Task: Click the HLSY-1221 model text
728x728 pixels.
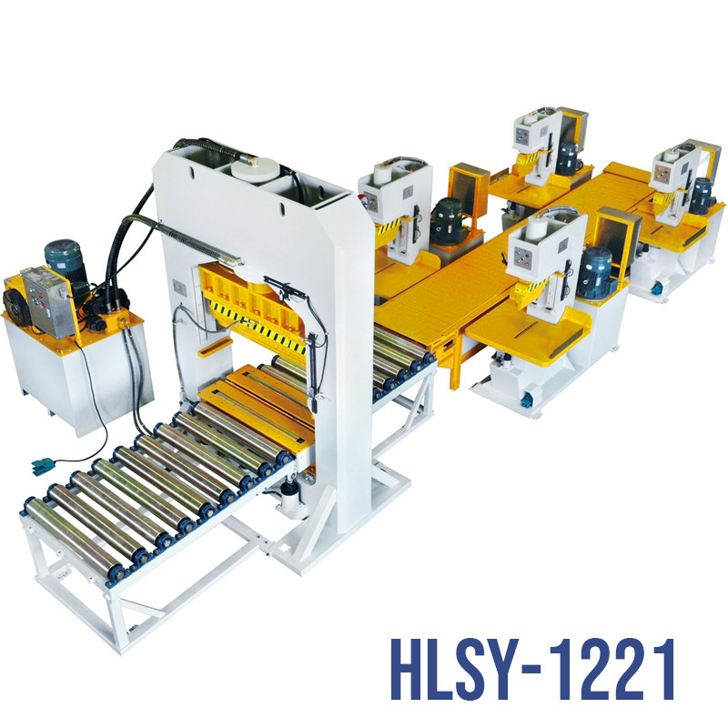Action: [x=532, y=669]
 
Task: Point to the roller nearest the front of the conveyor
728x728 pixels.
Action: [x=76, y=538]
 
